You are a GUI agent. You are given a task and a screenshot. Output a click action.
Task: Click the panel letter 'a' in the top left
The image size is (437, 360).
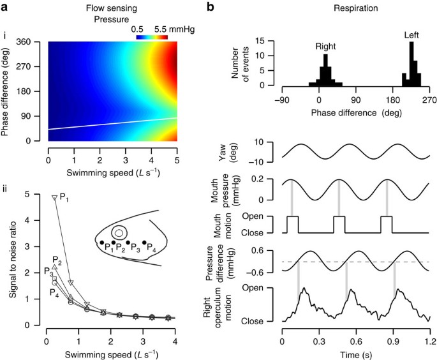coord(5,5)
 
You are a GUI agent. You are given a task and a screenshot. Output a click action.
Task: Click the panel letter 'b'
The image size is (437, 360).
coord(232,5)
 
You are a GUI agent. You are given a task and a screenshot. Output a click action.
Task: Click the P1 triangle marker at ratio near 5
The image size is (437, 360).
coord(55,198)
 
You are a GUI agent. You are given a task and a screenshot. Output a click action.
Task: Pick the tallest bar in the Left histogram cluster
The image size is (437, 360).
coord(411,64)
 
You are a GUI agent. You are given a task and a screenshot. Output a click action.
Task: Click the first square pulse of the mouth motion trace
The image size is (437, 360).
coord(292,225)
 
